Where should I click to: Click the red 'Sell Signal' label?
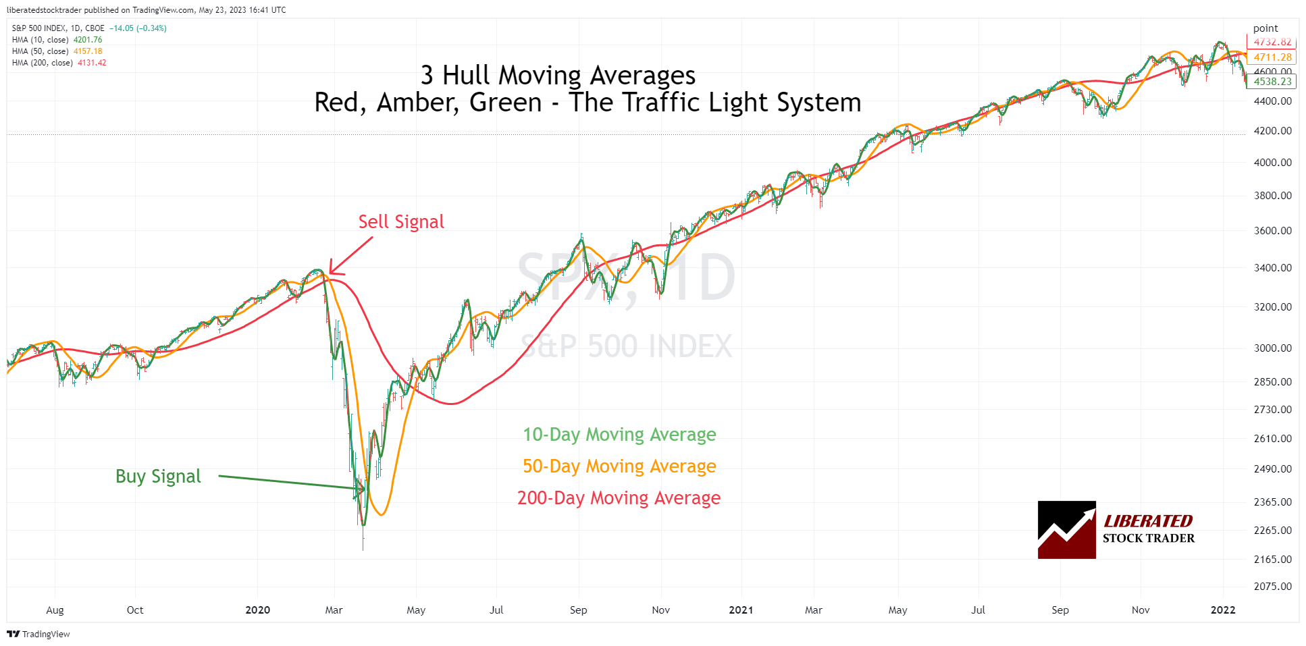401,222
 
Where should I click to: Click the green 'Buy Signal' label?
158,477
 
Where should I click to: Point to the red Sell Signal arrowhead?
332,271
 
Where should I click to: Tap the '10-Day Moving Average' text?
619,435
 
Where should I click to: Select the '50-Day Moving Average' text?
619,466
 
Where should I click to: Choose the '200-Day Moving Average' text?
619,498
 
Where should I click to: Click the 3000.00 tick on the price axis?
1272,348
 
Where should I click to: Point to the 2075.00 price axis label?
1272,587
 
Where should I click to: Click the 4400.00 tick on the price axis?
1272,101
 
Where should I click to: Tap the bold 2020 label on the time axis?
257,610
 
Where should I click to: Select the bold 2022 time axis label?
1223,610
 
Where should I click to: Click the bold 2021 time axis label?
741,610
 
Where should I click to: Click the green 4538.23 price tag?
1272,82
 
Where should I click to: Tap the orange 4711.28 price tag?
1272,57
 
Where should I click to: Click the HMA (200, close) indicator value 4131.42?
92,63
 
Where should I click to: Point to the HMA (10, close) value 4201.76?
88,40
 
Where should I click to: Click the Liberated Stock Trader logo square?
1066,530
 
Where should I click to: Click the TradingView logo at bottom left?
38,634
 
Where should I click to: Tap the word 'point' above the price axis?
1265,28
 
